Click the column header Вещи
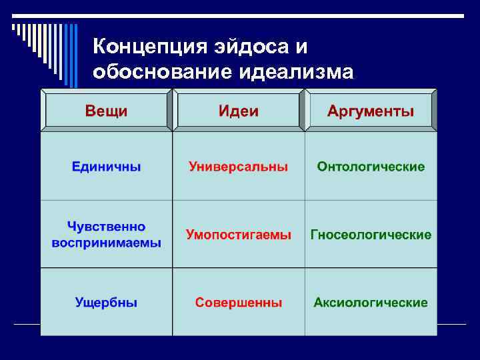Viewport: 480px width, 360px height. click(106, 111)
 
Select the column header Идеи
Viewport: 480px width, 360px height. click(239, 111)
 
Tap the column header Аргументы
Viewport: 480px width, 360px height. click(371, 111)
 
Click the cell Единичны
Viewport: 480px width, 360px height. click(107, 166)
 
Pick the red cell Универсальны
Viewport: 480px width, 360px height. click(239, 166)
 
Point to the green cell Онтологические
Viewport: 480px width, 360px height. click(371, 166)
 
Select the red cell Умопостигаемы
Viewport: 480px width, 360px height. click(239, 235)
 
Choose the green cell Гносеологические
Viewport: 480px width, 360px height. click(371, 235)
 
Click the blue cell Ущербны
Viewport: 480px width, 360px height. click(106, 303)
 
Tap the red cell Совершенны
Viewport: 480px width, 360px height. click(239, 303)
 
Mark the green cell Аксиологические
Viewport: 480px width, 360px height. click(371, 303)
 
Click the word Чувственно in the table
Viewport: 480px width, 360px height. click(106, 227)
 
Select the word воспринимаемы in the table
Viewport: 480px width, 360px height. click(107, 243)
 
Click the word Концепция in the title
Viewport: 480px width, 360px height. click(149, 47)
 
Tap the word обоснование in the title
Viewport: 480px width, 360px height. click(159, 71)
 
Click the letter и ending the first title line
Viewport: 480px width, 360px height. click(302, 47)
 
